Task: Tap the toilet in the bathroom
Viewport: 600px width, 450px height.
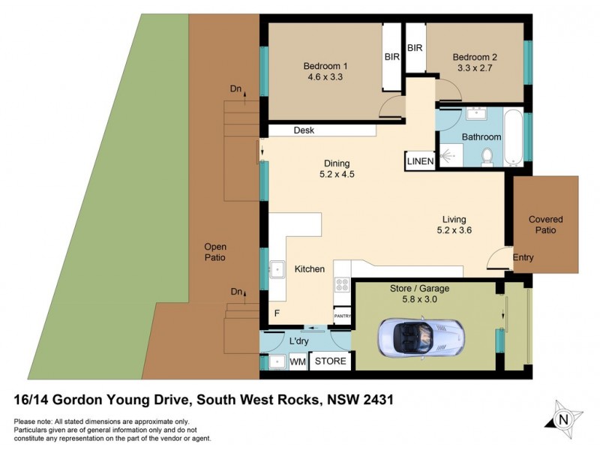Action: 486,157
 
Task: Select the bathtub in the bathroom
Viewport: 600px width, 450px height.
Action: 514,137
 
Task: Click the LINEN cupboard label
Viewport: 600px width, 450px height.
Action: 419,160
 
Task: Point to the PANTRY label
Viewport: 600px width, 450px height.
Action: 342,316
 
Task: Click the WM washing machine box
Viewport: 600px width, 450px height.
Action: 298,361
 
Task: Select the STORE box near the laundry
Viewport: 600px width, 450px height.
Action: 330,361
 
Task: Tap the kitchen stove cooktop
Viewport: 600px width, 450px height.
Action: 342,284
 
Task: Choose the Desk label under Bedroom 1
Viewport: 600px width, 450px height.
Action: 304,130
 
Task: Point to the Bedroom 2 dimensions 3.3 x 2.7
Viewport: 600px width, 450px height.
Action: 475,68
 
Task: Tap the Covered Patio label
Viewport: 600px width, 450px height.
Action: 545,225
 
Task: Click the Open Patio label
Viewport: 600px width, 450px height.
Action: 214,252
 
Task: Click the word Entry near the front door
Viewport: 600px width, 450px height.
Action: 523,258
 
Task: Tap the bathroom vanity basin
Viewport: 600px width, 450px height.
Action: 475,114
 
